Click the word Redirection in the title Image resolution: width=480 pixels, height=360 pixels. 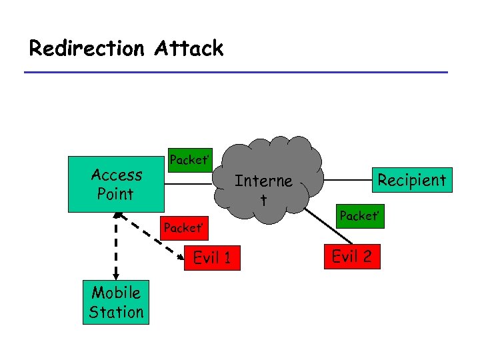tap(87, 49)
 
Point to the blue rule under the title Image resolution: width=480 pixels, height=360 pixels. tap(236, 72)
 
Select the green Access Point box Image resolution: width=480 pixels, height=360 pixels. tap(116, 185)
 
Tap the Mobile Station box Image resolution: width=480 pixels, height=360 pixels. tap(116, 302)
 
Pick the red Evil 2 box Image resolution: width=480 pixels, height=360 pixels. tap(351, 257)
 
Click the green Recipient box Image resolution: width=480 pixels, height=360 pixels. tap(411, 180)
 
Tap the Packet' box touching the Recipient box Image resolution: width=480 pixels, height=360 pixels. tap(359, 216)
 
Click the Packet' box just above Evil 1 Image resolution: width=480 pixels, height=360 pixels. tap(183, 228)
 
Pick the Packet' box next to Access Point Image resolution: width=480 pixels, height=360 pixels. tap(189, 160)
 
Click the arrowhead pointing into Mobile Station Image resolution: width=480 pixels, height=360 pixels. tap(116, 276)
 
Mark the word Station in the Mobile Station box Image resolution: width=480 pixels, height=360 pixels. tap(116, 312)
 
